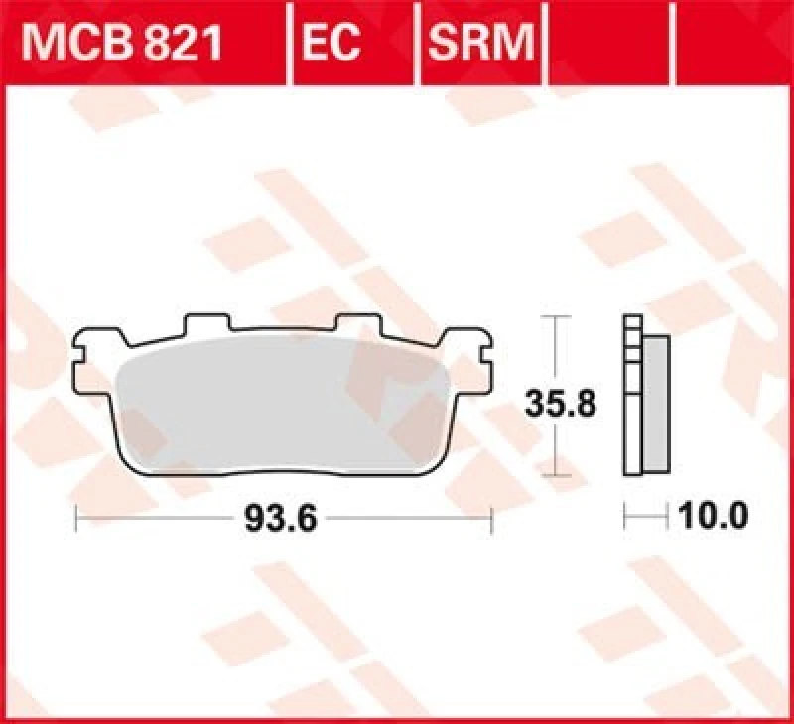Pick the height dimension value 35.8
click(558, 404)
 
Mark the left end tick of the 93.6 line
click(77, 517)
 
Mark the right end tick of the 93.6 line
click(492, 517)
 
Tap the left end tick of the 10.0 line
click(624, 516)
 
